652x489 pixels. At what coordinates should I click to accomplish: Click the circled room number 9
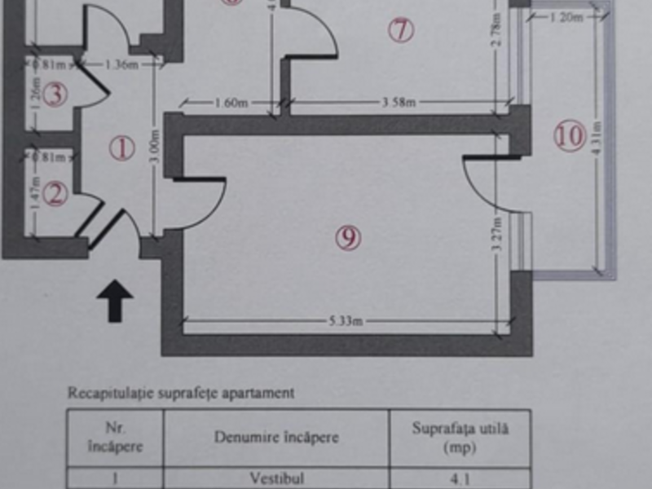click(x=348, y=237)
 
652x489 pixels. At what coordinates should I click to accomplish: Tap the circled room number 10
click(x=570, y=135)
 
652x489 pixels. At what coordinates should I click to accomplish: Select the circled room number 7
click(x=400, y=31)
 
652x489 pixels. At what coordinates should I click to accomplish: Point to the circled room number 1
click(x=121, y=149)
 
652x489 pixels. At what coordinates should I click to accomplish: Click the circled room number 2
click(x=55, y=194)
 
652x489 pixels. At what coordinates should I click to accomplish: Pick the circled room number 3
click(x=55, y=95)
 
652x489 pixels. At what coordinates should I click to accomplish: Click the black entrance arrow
click(x=115, y=301)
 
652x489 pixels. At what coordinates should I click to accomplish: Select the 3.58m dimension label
click(x=399, y=103)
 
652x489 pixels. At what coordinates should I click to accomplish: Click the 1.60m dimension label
click(x=231, y=103)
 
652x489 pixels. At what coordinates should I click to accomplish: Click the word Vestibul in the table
click(x=277, y=478)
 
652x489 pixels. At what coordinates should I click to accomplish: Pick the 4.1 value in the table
click(x=460, y=478)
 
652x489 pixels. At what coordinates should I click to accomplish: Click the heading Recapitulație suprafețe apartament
click(x=180, y=393)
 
